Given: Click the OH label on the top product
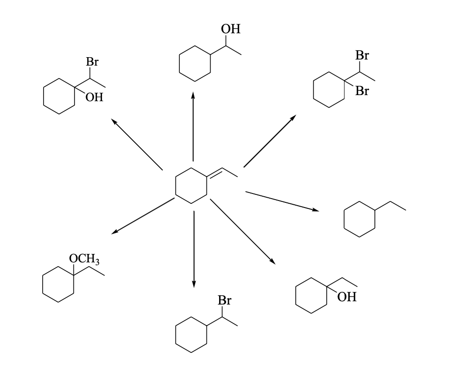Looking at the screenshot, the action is (231, 30).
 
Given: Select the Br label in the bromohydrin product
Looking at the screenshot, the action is (92, 62).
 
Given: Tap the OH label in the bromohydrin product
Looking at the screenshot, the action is (94, 97).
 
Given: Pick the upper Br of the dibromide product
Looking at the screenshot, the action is (362, 56).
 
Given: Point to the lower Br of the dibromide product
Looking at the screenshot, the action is (362, 91).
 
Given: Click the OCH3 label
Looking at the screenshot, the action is (84, 259).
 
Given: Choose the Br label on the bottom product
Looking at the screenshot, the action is (225, 301).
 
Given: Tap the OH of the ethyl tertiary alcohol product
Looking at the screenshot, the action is (347, 297).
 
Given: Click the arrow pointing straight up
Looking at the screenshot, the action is (193, 126).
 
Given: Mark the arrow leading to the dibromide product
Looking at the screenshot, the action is (270, 141).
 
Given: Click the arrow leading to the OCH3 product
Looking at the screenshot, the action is (143, 216).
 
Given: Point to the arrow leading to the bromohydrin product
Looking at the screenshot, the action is (137, 144).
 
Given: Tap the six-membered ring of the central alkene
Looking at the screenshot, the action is (191, 186).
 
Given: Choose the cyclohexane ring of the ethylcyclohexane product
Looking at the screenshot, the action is (359, 219).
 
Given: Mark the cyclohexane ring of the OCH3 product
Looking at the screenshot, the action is (59, 284).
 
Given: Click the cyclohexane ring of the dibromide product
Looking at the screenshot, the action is (329, 89).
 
